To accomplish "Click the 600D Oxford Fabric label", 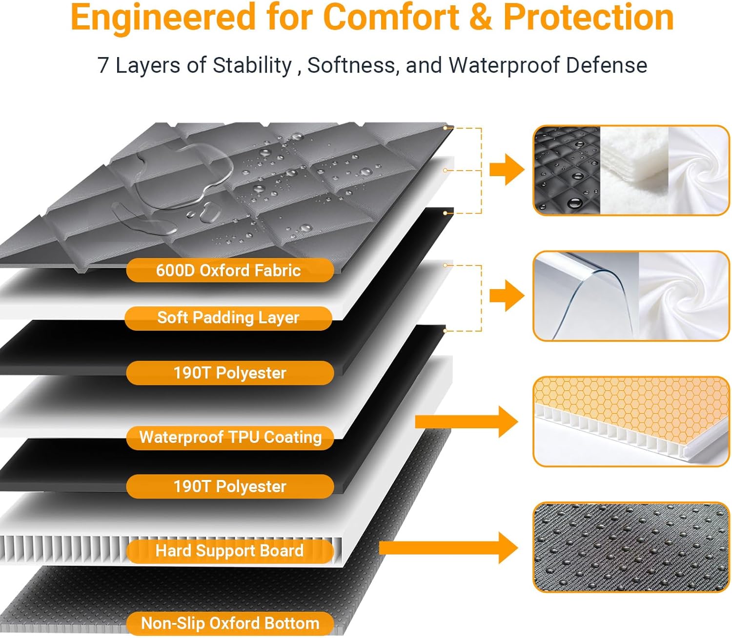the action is click(229, 270).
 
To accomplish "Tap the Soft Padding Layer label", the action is click(228, 318).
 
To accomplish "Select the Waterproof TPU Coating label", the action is click(230, 438).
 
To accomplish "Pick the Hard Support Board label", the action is click(229, 551).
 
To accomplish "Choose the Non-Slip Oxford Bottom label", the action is click(230, 623).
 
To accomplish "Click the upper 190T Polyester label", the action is click(230, 373).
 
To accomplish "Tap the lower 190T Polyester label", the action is click(230, 486).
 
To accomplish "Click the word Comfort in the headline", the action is click(391, 18).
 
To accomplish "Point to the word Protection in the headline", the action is click(589, 18).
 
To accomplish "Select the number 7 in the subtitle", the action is click(103, 66).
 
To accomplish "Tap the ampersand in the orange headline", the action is click(481, 18).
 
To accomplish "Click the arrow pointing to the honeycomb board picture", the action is click(467, 421).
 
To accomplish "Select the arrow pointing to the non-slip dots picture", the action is click(449, 548).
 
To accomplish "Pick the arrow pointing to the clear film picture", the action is click(507, 296).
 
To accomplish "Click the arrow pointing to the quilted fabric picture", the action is click(507, 170).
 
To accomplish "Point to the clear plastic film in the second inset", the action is click(586, 296).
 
